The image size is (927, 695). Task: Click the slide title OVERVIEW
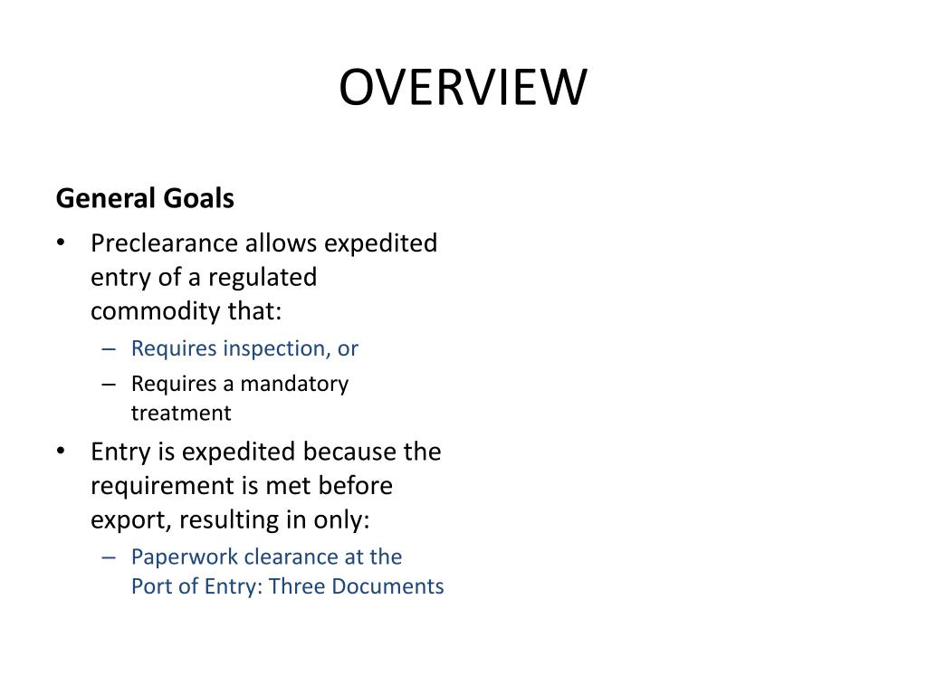pos(463,88)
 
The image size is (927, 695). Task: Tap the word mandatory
pos(292,384)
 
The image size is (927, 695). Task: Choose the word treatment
pos(181,414)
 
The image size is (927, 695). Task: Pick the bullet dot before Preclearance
pos(61,243)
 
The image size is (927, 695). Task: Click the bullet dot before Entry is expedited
pos(61,451)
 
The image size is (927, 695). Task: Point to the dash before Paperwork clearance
pos(110,557)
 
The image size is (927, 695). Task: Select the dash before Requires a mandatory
pos(110,384)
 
